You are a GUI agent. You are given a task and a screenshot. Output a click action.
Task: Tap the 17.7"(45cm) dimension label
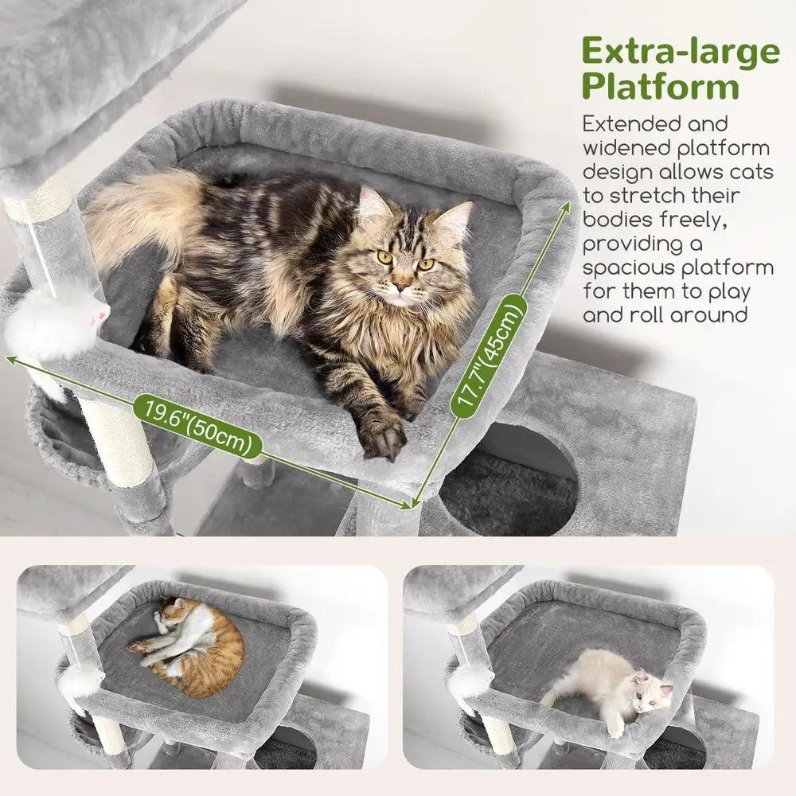488,354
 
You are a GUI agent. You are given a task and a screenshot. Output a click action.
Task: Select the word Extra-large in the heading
681,51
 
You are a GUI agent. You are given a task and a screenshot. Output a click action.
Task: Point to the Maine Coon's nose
401,284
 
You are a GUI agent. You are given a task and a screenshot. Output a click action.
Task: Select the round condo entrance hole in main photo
509,482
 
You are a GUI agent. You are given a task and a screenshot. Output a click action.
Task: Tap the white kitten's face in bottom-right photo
649,691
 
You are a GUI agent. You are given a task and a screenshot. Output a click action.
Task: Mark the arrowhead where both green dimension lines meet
412,504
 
